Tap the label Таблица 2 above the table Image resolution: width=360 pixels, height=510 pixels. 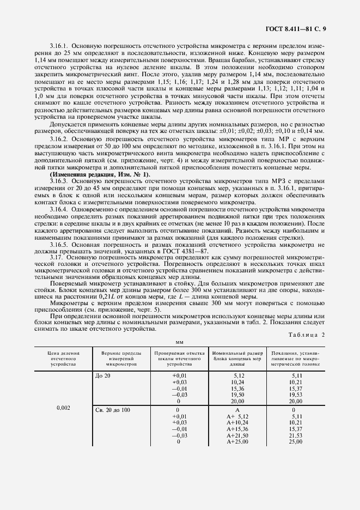coord(302,335)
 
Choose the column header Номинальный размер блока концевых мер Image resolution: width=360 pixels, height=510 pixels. coord(237,359)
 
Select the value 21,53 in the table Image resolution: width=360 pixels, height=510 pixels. coord(294,435)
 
